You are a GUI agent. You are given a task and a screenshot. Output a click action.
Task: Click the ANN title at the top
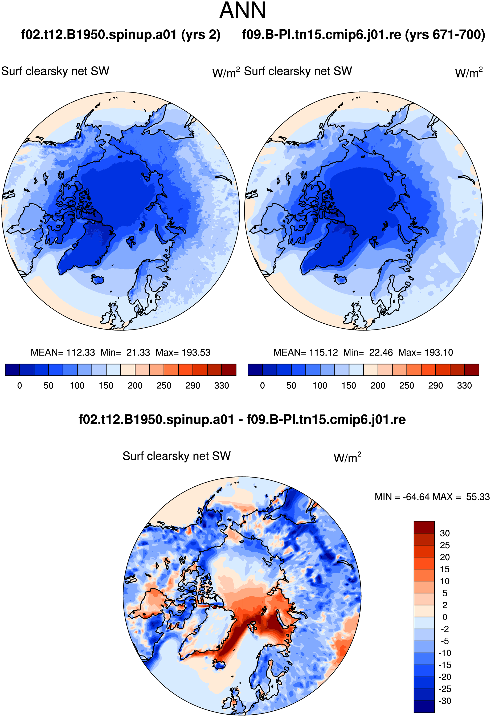coord(242,10)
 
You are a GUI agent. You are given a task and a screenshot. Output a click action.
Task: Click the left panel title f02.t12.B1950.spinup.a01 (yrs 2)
coord(121,35)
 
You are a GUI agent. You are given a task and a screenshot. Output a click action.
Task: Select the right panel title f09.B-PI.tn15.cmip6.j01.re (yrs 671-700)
coord(364,35)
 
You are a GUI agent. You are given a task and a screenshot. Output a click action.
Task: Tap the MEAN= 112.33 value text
coord(63,352)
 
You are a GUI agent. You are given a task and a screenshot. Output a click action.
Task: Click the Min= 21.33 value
coord(125,352)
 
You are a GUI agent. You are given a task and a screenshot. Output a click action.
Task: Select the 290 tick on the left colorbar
coord(193,386)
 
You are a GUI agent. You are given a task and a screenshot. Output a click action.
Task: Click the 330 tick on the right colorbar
coord(464,386)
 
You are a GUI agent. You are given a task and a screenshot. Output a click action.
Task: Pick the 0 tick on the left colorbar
coord(20,386)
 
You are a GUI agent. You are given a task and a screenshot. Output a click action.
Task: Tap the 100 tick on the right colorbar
coord(320,386)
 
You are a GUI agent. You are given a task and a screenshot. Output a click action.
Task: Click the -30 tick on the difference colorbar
coord(445,701)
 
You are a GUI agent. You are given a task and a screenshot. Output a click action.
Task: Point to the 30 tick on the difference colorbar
coord(445,533)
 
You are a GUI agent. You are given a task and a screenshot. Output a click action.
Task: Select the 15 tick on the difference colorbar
coord(445,569)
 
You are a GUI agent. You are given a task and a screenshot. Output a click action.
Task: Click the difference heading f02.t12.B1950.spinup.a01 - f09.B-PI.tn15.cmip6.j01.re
coord(242,419)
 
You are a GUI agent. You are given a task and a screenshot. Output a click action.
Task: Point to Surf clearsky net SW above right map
coord(298,71)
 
